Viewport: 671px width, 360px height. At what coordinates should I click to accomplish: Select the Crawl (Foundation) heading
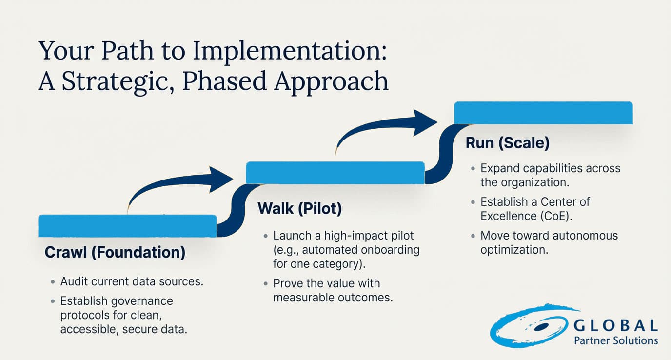pos(115,252)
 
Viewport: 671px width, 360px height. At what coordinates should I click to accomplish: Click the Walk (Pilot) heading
pos(299,208)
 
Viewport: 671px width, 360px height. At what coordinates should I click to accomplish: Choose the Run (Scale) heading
pos(508,143)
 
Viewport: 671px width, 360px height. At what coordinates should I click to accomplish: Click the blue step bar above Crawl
pos(127,226)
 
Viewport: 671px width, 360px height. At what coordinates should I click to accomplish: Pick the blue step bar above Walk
pos(335,173)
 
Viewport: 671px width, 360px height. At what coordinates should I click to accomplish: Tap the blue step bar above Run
pos(543,113)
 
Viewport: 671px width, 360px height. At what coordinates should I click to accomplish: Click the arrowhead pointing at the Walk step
pos(222,179)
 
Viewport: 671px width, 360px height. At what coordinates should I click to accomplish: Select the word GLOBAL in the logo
pos(615,325)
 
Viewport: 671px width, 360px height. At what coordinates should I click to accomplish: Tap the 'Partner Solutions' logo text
pos(615,340)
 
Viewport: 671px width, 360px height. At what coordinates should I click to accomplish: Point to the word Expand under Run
pos(497,168)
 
